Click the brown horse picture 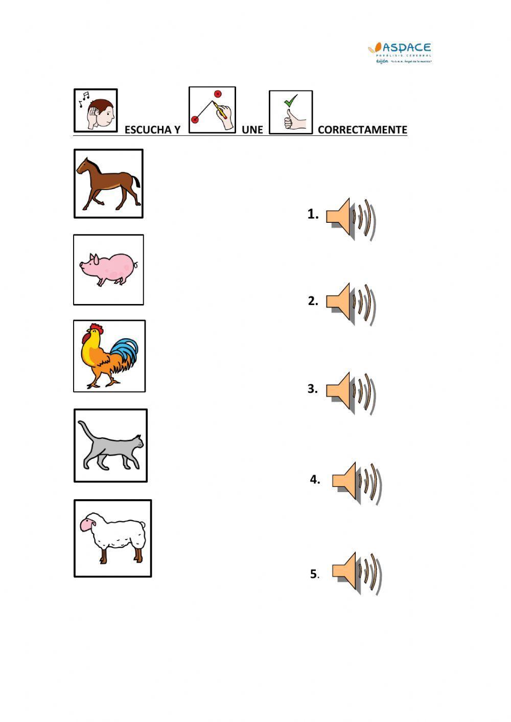coord(108,183)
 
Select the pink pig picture coord(108,269)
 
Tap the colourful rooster coord(109,356)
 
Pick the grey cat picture coord(110,445)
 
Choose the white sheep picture coord(112,538)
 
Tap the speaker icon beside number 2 coord(351,304)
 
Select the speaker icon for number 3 coord(351,392)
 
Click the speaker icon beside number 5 coord(357,572)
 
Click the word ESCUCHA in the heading coord(147,130)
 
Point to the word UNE coord(252,130)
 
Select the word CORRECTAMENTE coord(362,130)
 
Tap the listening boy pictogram coord(96,110)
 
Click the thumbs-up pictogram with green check coord(291,112)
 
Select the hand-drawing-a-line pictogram coord(212,110)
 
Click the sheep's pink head coord(88,525)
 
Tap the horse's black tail coord(135,180)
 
